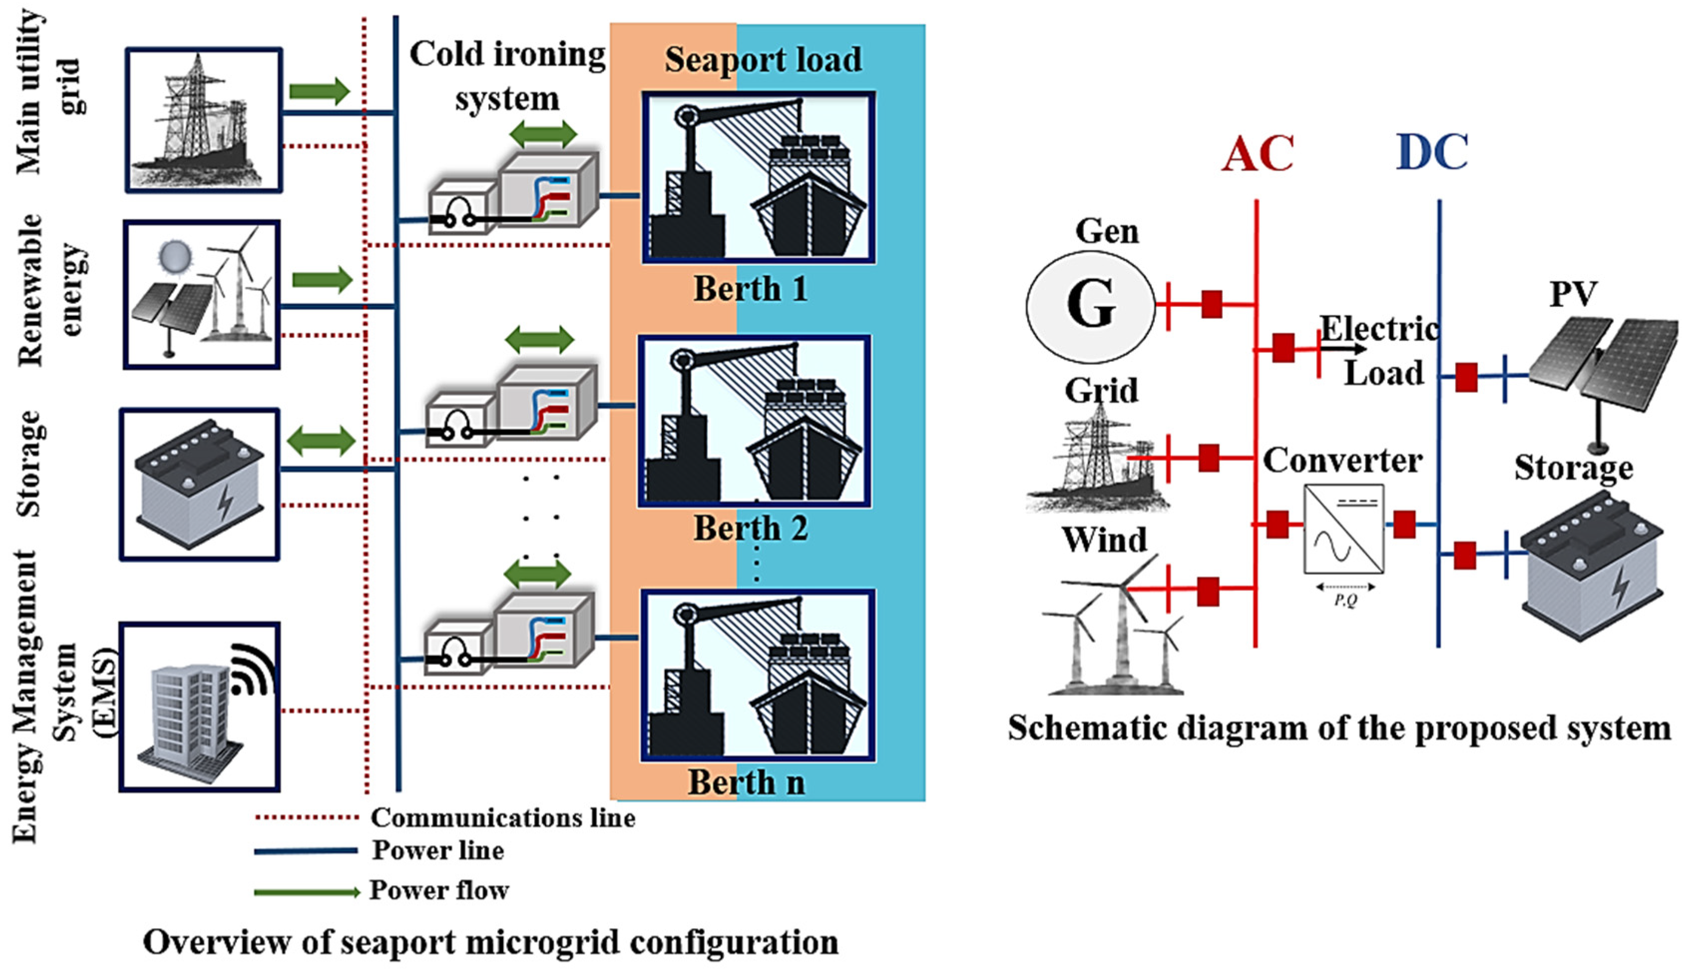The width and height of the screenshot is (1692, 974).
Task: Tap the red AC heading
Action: pos(1258,154)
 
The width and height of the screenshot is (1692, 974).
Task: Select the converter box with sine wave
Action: pos(1343,529)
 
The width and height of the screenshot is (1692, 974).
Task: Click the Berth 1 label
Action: pos(750,289)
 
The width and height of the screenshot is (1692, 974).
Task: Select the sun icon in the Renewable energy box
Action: pos(175,258)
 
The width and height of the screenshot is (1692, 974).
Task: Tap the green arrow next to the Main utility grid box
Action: pos(319,91)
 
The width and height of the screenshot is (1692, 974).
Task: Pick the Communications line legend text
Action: pos(503,817)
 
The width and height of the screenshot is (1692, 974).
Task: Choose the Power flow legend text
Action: pos(439,890)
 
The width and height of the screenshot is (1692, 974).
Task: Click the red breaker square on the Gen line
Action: pos(1212,304)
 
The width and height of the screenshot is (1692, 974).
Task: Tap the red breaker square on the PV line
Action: pos(1466,377)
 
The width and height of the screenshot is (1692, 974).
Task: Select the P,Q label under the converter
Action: pos(1345,600)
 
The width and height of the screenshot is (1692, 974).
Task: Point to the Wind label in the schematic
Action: pos(1104,540)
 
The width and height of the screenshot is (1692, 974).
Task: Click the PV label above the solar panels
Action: pos(1573,294)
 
